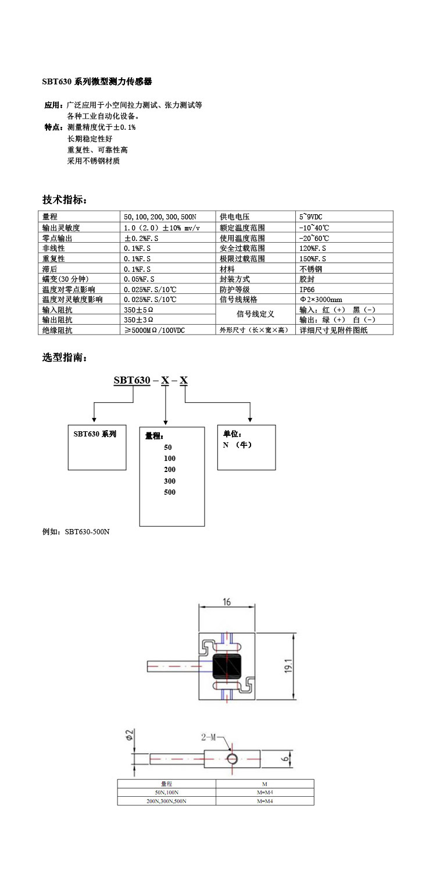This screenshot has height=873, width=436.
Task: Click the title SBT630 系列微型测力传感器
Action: (97, 81)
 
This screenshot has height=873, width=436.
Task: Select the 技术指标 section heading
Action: (65, 200)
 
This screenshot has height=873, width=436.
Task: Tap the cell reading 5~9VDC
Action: (310, 216)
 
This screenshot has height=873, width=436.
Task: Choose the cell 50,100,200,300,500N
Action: (160, 216)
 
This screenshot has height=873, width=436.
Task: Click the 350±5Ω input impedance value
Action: (139, 310)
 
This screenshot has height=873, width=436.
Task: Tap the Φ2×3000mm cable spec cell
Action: (320, 300)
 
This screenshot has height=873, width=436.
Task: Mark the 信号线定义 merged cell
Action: (255, 314)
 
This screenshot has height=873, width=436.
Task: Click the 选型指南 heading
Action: (65, 357)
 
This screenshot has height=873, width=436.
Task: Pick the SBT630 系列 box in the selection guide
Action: (95, 434)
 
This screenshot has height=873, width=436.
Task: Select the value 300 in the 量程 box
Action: (169, 481)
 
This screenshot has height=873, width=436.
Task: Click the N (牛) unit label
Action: (238, 445)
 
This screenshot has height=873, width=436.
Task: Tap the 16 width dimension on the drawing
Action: (227, 602)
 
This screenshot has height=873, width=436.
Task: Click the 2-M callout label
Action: (208, 737)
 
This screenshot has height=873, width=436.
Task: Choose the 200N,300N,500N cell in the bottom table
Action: (167, 801)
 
